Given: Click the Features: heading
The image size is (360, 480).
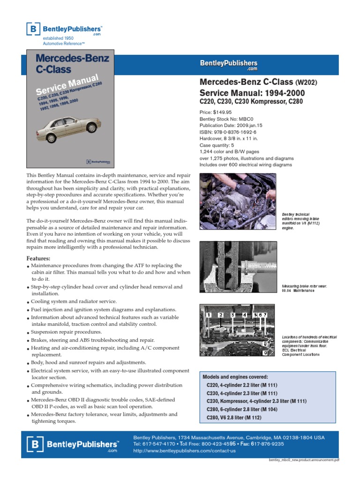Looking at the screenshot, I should [x=38, y=258].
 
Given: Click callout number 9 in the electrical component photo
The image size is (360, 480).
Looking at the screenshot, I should [x=265, y=352].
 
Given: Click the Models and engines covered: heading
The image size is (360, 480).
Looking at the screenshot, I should [x=235, y=377].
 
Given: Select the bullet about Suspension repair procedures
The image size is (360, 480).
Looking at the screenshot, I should [x=66, y=332].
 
